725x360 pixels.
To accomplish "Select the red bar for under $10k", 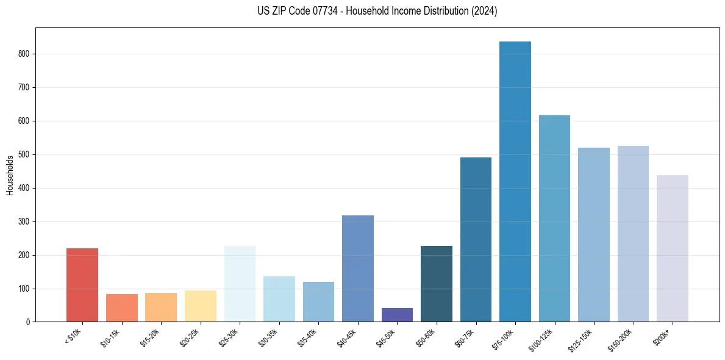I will tap(82, 285).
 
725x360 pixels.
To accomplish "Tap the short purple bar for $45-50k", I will tap(397, 315).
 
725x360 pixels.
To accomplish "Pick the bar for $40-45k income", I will tap(358, 268).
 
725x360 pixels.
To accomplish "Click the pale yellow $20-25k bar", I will tap(201, 306).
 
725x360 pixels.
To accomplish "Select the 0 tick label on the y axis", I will tap(28, 322).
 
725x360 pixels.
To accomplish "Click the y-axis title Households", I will tap(10, 175).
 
